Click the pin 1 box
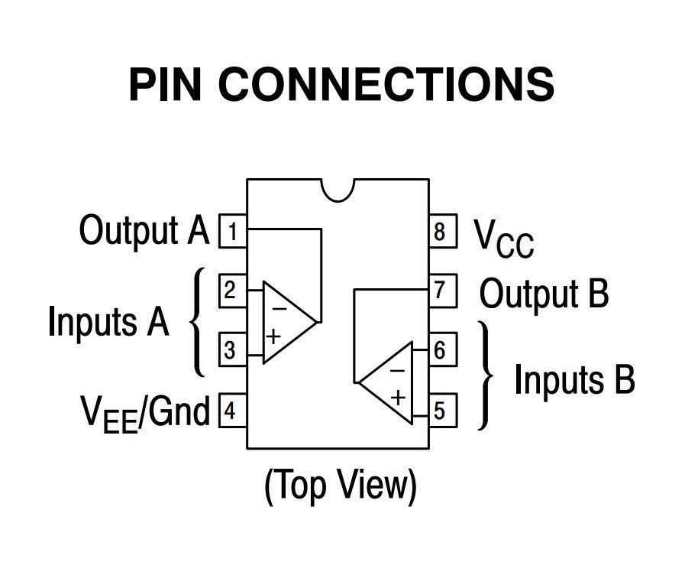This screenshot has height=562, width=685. [233, 230]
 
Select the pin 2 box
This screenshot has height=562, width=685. [233, 291]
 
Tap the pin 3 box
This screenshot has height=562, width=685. [233, 350]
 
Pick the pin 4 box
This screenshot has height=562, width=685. [233, 411]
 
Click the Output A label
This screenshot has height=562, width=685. [144, 230]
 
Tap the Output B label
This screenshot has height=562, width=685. [544, 294]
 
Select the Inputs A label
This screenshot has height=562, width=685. [108, 321]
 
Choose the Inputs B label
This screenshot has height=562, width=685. [574, 380]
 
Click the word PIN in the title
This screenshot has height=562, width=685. [165, 84]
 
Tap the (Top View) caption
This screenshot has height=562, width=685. [341, 485]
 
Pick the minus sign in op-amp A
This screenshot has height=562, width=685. [279, 309]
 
